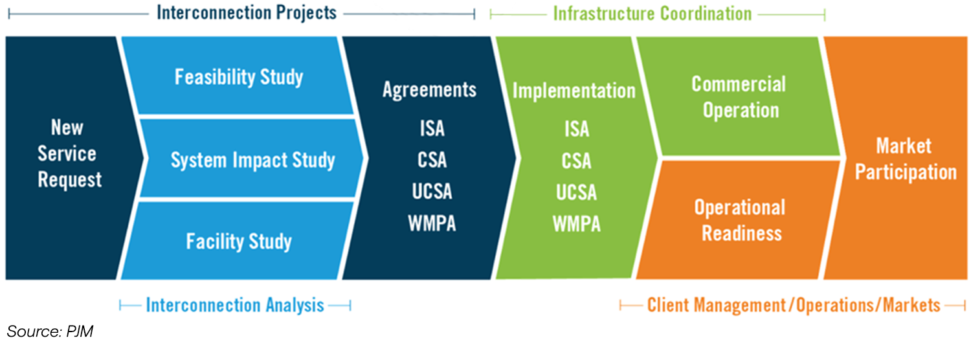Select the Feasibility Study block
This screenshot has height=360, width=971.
click(238, 77)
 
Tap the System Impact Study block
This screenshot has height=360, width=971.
click(252, 160)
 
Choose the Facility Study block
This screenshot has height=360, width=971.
click(239, 242)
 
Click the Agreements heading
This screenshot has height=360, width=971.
click(429, 89)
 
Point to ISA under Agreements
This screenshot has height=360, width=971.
click(432, 128)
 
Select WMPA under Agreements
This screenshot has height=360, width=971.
click(432, 223)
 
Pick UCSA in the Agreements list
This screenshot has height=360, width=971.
click(432, 192)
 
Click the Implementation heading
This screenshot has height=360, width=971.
click(574, 91)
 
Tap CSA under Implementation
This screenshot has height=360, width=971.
click(576, 161)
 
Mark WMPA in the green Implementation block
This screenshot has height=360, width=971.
click(576, 224)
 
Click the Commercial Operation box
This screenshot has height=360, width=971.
click(738, 97)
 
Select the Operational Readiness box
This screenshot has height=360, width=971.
click(739, 220)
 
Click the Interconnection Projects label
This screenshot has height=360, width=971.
click(247, 12)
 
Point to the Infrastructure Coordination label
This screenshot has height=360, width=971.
click(652, 13)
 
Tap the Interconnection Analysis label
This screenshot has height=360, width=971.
click(235, 305)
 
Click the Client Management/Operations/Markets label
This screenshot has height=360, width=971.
click(794, 305)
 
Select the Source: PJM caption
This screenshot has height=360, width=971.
click(50, 332)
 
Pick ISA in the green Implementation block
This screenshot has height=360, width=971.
click(576, 129)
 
